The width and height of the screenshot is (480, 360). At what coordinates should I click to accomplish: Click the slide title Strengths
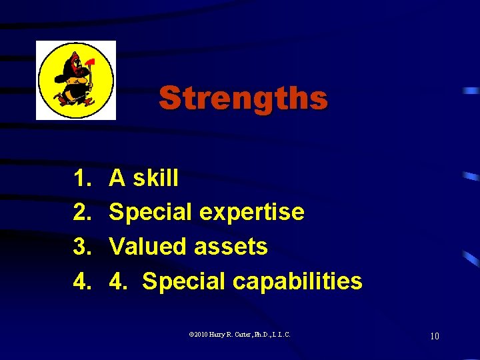(x=243, y=98)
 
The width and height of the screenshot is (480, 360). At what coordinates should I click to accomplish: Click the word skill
(x=156, y=178)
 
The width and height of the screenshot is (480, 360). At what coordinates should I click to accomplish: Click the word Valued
(x=148, y=247)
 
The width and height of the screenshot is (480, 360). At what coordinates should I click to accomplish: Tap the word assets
(x=231, y=247)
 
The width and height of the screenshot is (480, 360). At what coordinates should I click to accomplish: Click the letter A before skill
(x=117, y=178)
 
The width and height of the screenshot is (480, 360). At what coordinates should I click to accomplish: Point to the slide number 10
(x=434, y=336)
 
